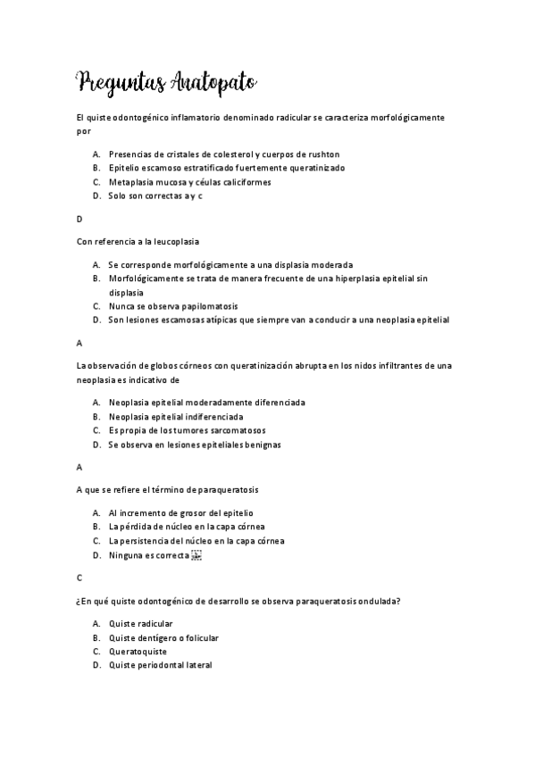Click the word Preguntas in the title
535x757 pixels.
click(x=120, y=83)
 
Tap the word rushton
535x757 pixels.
click(x=320, y=154)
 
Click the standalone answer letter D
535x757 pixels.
click(x=79, y=219)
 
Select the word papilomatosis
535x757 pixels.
click(x=180, y=305)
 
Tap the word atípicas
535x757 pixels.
click(x=226, y=319)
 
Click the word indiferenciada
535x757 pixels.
click(x=209, y=416)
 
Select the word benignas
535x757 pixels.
click(x=283, y=444)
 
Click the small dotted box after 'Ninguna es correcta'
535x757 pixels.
click(x=197, y=555)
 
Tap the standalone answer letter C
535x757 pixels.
click(x=79, y=578)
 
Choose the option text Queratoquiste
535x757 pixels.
click(x=138, y=652)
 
